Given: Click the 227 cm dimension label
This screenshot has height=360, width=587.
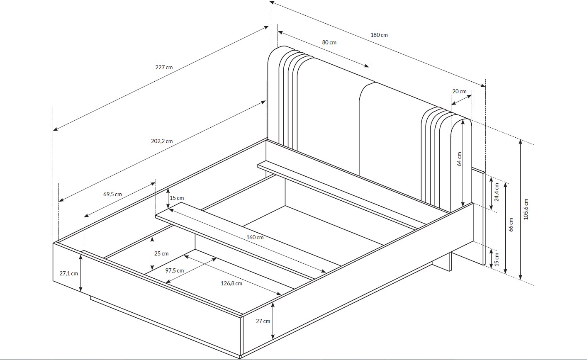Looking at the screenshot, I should (x=164, y=67).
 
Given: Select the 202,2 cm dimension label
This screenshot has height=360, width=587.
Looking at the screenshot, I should (x=162, y=141).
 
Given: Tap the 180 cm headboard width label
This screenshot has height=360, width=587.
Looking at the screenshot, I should (x=379, y=35).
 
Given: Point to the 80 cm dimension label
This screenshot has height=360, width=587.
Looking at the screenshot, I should (x=329, y=42).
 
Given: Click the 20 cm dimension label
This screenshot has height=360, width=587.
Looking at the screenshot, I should (x=459, y=91).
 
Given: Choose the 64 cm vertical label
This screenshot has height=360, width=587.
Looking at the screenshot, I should (x=459, y=159).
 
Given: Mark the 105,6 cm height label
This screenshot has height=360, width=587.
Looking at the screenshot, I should (x=526, y=209).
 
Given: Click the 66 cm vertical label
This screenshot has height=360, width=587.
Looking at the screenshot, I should (x=511, y=225).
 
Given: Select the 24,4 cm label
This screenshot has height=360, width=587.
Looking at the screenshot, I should (x=497, y=192).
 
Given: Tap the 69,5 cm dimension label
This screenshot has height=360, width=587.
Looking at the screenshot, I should (x=112, y=194).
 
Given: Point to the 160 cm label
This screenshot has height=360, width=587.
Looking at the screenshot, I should (x=255, y=237).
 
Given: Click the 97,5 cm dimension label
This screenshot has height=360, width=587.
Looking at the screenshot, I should (x=175, y=270).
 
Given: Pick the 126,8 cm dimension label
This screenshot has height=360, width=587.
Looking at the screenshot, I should (x=232, y=283).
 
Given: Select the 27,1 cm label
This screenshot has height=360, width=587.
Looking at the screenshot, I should (x=69, y=273).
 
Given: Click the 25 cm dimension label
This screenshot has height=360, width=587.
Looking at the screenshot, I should (x=162, y=253).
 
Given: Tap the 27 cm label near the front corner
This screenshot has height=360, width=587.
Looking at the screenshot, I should (x=263, y=321).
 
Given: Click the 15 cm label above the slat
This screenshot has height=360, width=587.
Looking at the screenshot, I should (x=177, y=198).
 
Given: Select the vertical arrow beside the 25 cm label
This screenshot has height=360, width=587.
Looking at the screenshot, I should (x=152, y=253).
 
